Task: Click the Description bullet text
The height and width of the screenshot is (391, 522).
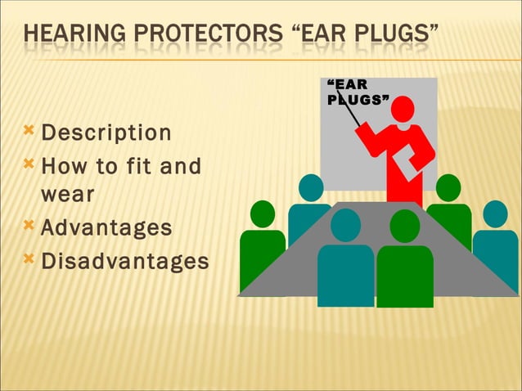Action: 106,133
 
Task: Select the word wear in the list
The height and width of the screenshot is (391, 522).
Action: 67,195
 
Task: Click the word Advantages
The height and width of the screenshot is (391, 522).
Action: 106,227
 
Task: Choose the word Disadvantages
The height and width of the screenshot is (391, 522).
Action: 124,261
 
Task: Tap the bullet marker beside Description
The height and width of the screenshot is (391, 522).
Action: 29,130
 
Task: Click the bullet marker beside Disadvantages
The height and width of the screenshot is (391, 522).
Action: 29,258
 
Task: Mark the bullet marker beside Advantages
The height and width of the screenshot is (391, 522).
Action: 29,224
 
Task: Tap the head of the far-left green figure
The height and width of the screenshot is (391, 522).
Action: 263,213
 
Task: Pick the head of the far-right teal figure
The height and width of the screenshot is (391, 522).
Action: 495,213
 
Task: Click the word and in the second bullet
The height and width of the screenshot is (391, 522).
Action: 181,167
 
